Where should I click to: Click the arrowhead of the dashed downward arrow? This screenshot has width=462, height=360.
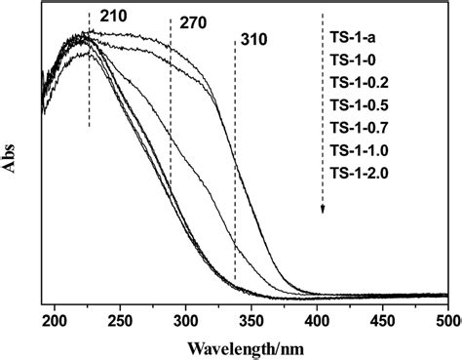tap(323, 208)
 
